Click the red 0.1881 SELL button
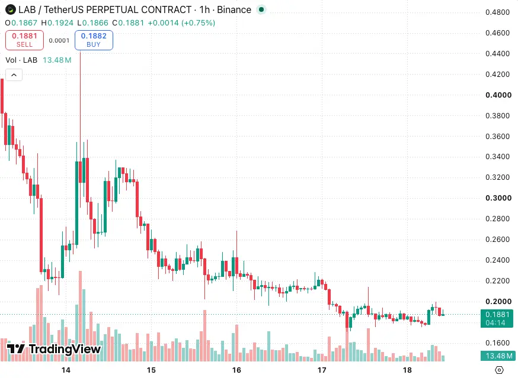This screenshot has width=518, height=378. [x=24, y=40]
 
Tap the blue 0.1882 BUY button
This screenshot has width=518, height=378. [x=94, y=40]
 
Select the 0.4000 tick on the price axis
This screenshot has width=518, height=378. [x=498, y=95]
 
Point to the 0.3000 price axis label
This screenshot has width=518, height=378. [x=498, y=198]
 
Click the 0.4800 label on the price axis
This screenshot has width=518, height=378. [x=497, y=12]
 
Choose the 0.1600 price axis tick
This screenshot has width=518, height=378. [x=497, y=343]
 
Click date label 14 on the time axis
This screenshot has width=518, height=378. [x=66, y=370]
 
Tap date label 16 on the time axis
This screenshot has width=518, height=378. [x=236, y=370]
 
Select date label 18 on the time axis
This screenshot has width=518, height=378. [x=407, y=370]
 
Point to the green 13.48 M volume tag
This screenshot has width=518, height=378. [x=497, y=356]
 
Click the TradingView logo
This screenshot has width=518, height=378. [x=53, y=349]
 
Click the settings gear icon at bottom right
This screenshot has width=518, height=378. [x=499, y=370]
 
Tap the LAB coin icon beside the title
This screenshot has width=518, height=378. [x=11, y=9]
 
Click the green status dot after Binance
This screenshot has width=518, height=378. [x=261, y=9]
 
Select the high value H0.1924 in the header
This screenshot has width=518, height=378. [x=57, y=22]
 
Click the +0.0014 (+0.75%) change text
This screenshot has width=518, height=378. [x=181, y=22]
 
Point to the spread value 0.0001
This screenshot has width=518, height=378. [x=59, y=40]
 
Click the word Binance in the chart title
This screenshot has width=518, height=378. [x=234, y=10]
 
